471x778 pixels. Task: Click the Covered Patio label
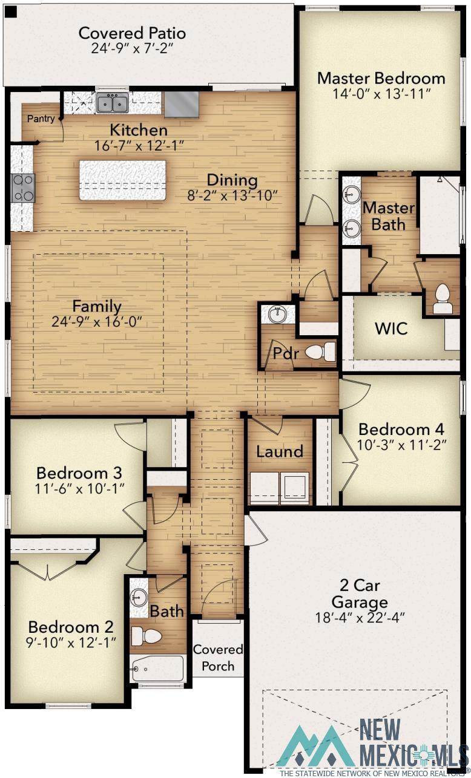point(132,33)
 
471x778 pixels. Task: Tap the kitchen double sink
point(112,103)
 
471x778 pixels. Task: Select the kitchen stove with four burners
point(23,188)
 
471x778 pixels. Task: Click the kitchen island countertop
point(122,180)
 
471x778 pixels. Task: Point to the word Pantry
point(41,119)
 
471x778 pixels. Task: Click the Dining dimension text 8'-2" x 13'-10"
point(232,195)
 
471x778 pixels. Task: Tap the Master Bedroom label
point(381,78)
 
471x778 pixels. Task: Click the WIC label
point(391,329)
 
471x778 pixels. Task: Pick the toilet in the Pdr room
point(320,352)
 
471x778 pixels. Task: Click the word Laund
point(280,451)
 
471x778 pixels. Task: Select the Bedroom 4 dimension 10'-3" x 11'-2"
point(401,445)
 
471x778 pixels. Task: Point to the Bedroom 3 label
point(79,473)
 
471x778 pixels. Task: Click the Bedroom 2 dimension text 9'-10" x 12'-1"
point(71,642)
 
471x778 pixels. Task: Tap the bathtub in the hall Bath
point(158,668)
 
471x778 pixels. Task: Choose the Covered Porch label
point(218,658)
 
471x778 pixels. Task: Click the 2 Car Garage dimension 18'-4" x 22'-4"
point(360,618)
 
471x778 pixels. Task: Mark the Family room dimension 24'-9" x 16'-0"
point(97,322)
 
